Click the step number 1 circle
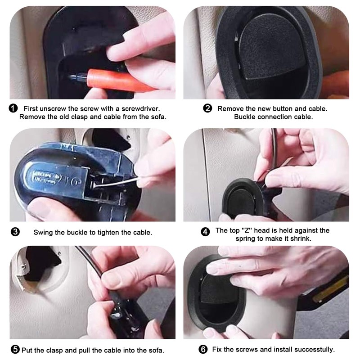[13, 108]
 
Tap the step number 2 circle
[207, 108]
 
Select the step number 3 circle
[15, 232]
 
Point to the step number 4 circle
[205, 232]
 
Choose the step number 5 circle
[15, 350]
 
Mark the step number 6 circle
[203, 350]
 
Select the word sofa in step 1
[158, 117]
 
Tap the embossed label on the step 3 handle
[46, 177]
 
